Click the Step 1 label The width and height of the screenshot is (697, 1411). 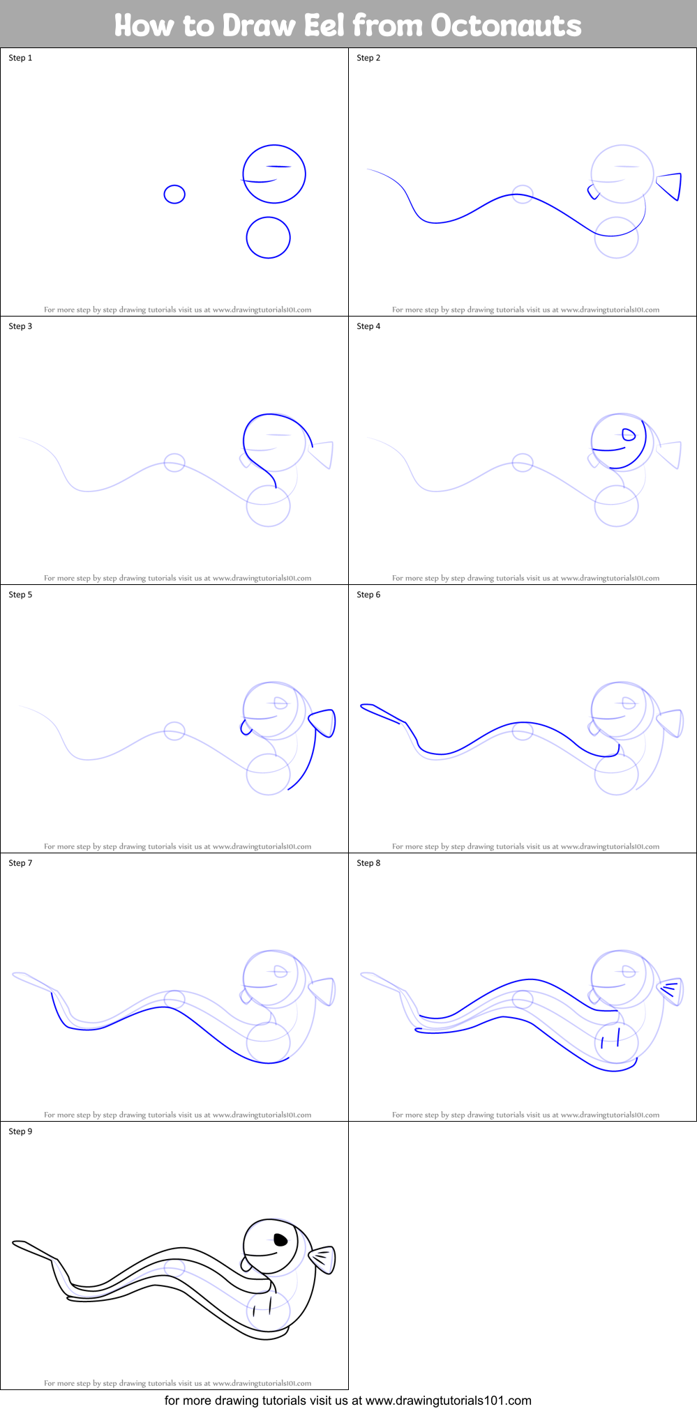coord(20,58)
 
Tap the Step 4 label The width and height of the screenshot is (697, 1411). coord(368,326)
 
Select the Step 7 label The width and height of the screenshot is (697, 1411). coord(20,863)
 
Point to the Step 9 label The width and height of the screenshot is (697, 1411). coord(20,1131)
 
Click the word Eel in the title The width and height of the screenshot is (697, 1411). coord(324,26)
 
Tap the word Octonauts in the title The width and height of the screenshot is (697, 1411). coord(506,26)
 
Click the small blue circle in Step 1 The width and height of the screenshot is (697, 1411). coord(174,194)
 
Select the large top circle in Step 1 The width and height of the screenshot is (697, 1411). coord(274,174)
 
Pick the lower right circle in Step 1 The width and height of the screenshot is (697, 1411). coord(268,238)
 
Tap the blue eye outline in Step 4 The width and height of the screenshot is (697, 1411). coord(629,435)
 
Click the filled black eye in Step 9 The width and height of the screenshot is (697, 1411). coord(280,1240)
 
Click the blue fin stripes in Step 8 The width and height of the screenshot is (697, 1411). coord(670,989)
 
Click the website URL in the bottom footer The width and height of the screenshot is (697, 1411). coord(448,1400)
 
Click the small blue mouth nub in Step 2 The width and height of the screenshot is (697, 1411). coord(592,191)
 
